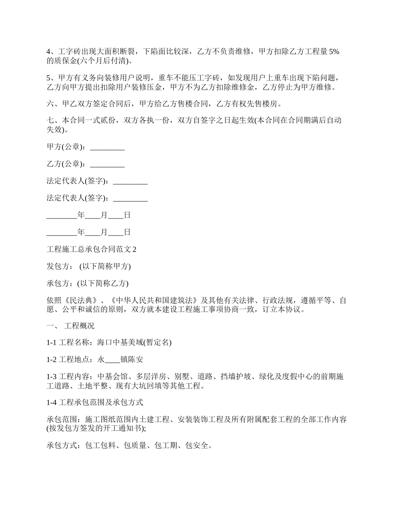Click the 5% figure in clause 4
pyautogui.click(x=334, y=52)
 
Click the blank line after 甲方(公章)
pyautogui.click(x=107, y=147)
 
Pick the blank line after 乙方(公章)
pyautogui.click(x=107, y=164)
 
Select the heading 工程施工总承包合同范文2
pyautogui.click(x=91, y=249)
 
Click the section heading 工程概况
pyautogui.click(x=79, y=326)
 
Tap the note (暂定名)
pyautogui.click(x=157, y=343)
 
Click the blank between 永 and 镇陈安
pyautogui.click(x=113, y=360)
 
